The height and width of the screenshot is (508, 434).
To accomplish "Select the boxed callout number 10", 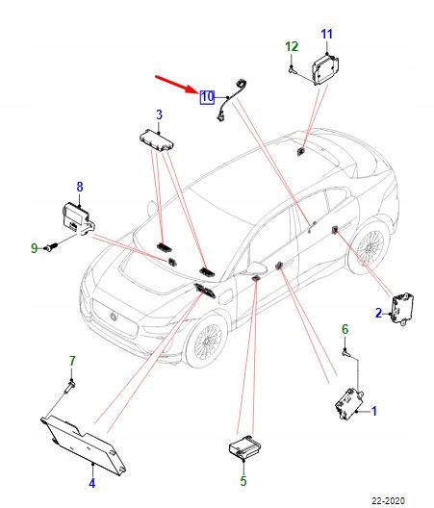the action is click(207, 97).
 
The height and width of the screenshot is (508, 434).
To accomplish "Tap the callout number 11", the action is click(327, 34).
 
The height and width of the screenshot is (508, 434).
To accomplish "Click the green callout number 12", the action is click(292, 46).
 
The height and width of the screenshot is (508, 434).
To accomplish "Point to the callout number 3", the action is click(159, 114).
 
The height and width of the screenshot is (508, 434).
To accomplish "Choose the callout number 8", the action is click(80, 187).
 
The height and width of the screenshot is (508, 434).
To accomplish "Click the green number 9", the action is click(35, 248).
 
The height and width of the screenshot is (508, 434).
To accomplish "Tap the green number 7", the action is click(72, 361).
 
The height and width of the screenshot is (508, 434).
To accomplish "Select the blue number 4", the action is click(92, 483).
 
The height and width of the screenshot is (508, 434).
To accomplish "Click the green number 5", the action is click(243, 481).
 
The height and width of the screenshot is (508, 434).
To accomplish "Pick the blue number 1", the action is click(374, 411).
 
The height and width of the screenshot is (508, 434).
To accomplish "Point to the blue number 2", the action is click(378, 313).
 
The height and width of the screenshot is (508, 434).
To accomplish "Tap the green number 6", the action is click(345, 329).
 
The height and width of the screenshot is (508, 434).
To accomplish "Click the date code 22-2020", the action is click(389, 501).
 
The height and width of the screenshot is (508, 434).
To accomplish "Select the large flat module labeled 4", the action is click(84, 445).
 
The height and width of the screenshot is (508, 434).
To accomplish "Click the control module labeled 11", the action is click(325, 69).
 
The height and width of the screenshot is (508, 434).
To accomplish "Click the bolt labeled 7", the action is click(70, 387).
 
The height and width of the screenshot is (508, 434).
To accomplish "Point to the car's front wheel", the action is click(207, 342).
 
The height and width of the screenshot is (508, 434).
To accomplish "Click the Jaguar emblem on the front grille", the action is click(114, 317).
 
